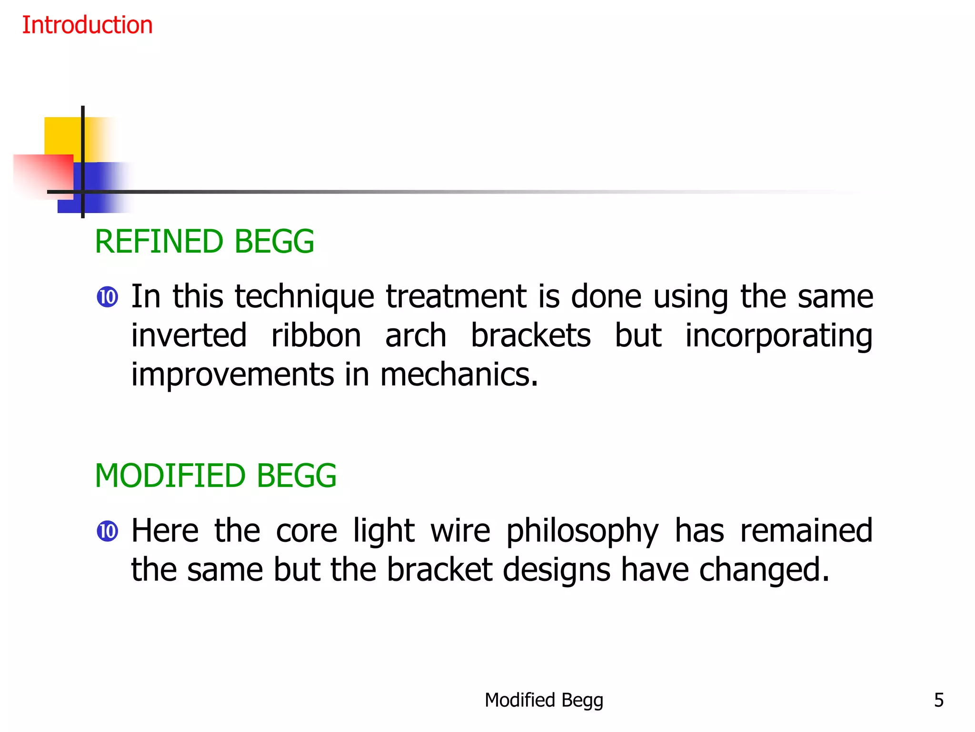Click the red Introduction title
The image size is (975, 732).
(87, 25)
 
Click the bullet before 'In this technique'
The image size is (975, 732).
(107, 297)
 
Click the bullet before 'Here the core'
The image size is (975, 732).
(107, 531)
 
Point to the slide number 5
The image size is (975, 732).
(938, 700)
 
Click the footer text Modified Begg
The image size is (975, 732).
(544, 700)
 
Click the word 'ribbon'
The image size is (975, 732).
(316, 335)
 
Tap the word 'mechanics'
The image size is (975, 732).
(458, 375)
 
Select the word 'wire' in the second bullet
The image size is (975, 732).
(460, 531)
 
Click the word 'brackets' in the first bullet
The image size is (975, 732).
(531, 335)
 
